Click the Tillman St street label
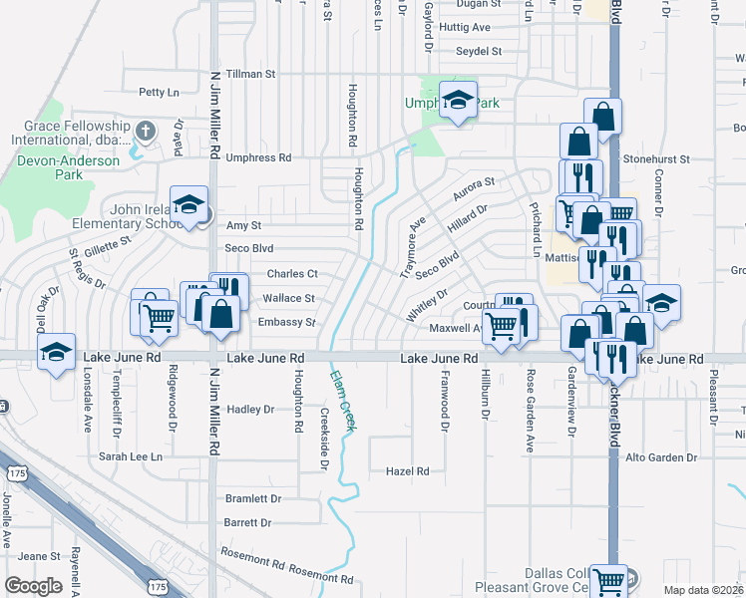250,75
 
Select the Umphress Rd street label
258,157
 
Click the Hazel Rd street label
407,470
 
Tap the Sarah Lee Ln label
130,456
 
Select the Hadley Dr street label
250,410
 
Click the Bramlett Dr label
253,498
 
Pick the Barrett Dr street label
248,522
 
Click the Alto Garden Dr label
659,457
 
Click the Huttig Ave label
466,28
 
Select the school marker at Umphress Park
459,101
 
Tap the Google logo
34,586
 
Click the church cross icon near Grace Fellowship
145,130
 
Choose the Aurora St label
475,185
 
